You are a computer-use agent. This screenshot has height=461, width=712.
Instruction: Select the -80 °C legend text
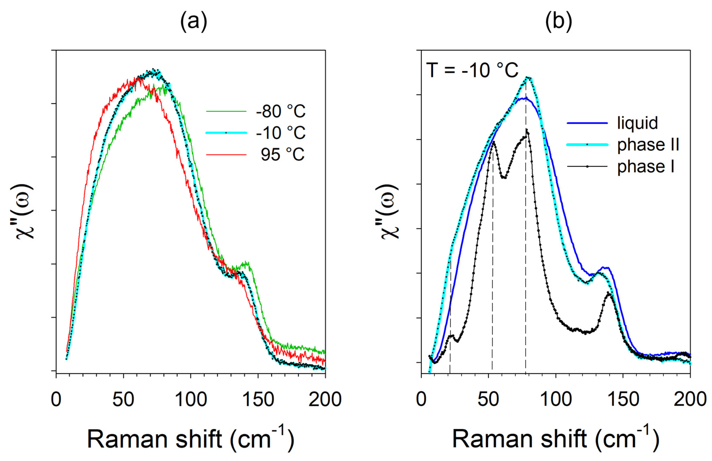coord(281,111)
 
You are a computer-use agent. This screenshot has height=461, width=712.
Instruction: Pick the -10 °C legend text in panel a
coord(281,133)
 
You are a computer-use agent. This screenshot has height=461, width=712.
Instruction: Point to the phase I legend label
coord(646,166)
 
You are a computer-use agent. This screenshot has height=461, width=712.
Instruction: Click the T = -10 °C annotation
coord(472,70)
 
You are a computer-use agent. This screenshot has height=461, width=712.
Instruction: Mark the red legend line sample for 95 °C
coord(226,155)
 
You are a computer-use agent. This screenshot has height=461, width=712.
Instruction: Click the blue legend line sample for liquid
coord(587,123)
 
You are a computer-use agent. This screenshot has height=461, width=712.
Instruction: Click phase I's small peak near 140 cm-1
coord(609,294)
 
